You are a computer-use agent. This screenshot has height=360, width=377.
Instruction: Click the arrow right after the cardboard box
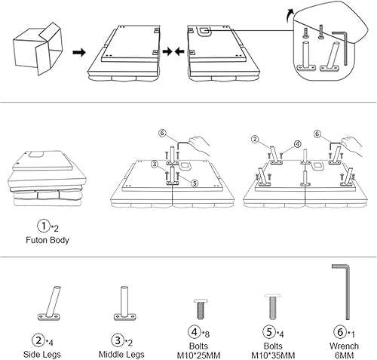77,53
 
